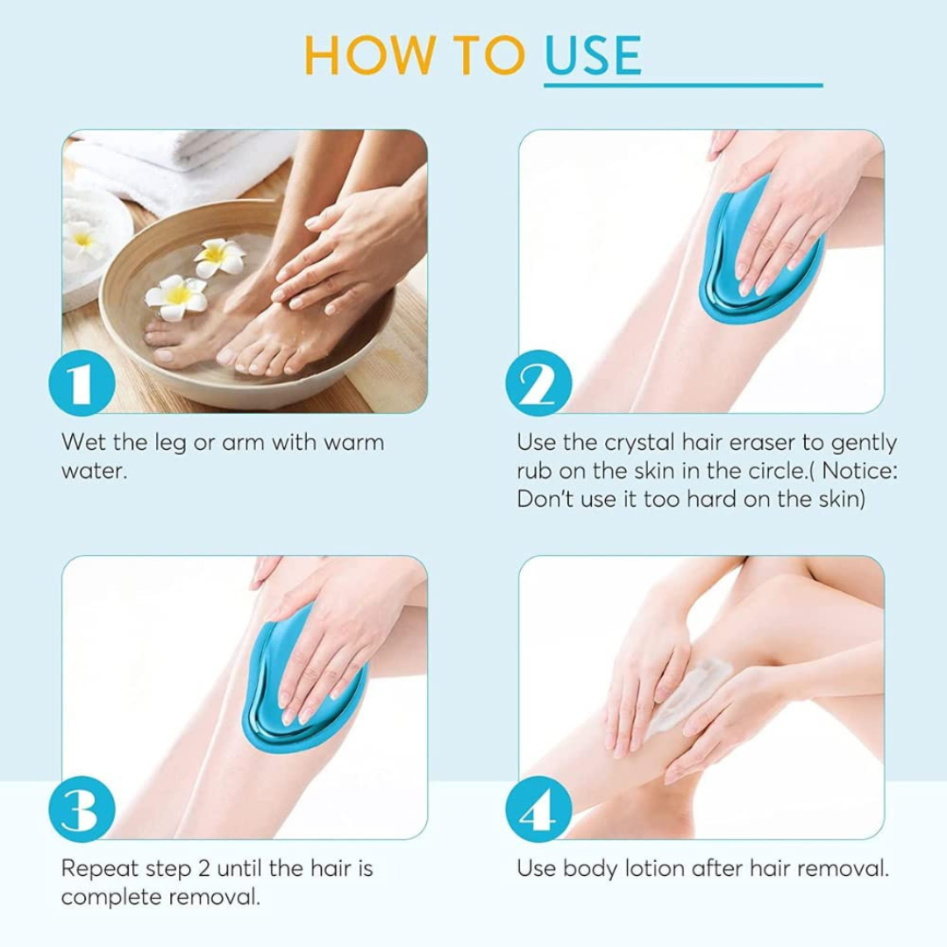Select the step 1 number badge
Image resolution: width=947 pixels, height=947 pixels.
pos(82,382)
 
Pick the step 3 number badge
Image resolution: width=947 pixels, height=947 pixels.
pos(82,809)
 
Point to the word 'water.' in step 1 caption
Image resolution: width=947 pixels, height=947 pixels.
pos(94,471)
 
